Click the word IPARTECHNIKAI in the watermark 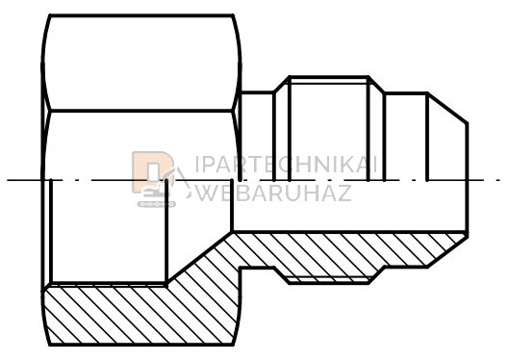286,165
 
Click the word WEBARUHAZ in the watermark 274,193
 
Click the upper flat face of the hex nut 141,63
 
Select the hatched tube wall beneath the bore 350,250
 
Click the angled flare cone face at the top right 447,108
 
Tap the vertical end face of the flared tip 467,178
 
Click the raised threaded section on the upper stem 329,128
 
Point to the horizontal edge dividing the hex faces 141,111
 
